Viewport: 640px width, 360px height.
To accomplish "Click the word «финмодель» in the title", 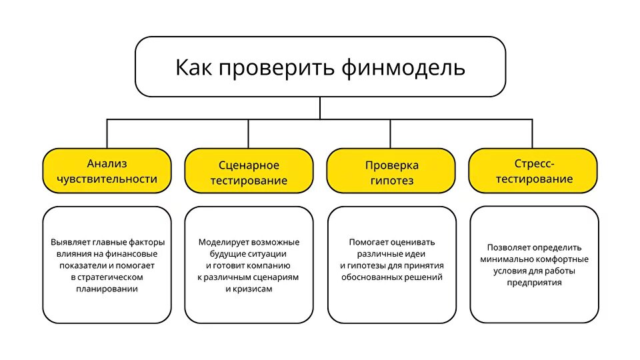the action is (x=403, y=68).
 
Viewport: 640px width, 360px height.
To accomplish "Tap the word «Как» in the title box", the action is (x=193, y=67).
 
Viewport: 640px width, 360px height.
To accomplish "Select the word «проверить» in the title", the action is (x=276, y=69).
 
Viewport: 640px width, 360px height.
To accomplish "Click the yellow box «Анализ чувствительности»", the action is (x=107, y=171).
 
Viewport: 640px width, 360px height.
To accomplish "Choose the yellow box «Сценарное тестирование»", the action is (x=249, y=171).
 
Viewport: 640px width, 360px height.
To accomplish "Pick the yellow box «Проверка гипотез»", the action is (x=391, y=171).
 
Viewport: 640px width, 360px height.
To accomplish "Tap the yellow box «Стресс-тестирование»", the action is (x=533, y=171).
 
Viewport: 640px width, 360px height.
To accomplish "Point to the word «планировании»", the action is (x=107, y=289).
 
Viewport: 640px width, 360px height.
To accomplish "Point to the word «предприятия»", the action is (x=534, y=283).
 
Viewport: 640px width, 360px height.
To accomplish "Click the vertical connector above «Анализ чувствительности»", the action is (x=107, y=134).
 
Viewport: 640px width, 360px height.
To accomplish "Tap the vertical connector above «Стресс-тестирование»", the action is (x=532, y=134).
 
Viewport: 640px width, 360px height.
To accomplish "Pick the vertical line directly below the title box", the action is (x=320, y=108).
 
